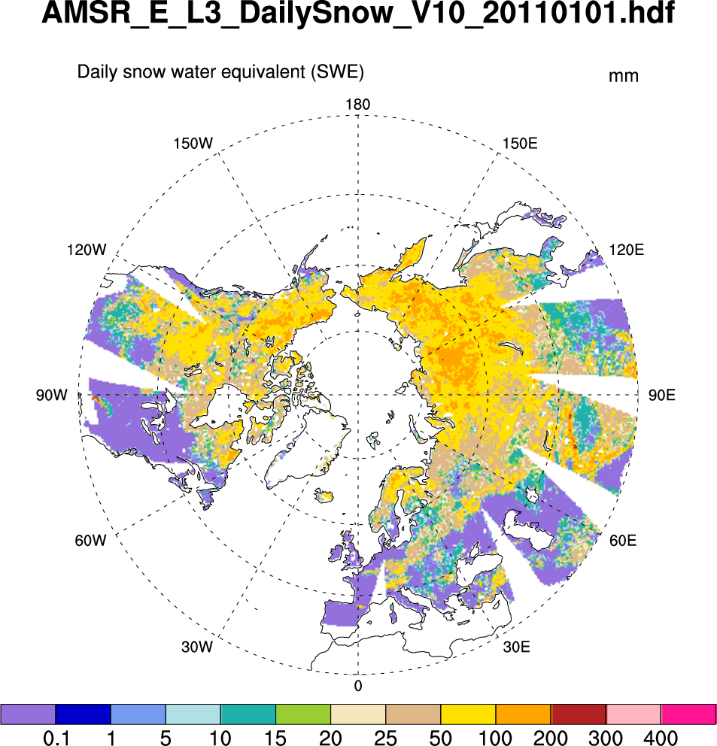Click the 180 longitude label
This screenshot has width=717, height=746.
357,105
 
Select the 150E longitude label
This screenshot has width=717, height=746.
520,143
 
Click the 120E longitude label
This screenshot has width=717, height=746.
626,250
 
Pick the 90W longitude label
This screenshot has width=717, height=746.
51,395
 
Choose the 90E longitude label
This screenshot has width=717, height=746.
661,395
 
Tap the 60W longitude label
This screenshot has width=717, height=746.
92,540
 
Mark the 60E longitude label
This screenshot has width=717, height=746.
622,540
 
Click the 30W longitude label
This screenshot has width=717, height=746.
198,647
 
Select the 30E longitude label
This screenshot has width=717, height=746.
517,647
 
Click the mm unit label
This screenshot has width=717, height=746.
624,76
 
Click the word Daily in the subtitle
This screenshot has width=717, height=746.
96,73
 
